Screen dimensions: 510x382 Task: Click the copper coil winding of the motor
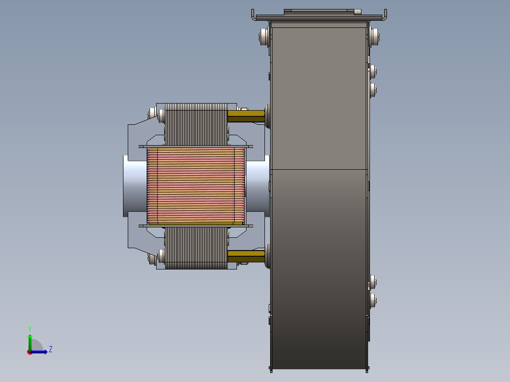point(196,186)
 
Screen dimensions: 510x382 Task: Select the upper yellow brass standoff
point(246,116)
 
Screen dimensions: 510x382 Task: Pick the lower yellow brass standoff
point(246,256)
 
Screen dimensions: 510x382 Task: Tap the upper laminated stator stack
point(196,124)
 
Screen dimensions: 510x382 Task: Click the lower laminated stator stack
point(196,248)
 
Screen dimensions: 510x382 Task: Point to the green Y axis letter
point(30,329)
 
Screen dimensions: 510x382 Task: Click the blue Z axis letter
point(51,349)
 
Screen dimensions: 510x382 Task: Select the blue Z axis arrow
point(39,352)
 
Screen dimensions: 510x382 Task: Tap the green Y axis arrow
point(30,342)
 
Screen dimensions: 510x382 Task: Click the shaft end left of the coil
point(135,186)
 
